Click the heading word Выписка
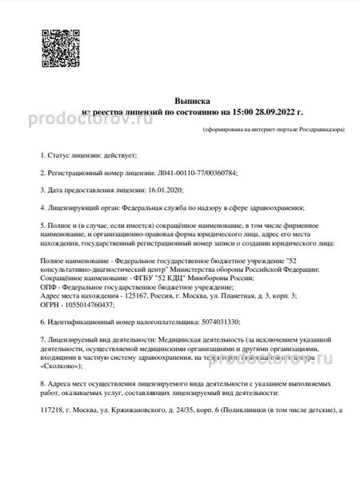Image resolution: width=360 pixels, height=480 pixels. click(x=191, y=102)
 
